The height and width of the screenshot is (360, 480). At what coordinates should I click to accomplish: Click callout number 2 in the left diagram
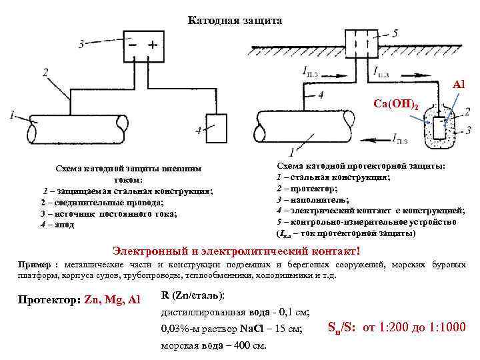(45, 71)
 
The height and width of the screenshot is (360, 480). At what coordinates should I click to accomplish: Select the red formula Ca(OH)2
(396, 105)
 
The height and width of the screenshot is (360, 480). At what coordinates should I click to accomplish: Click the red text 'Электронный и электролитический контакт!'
(239, 251)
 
